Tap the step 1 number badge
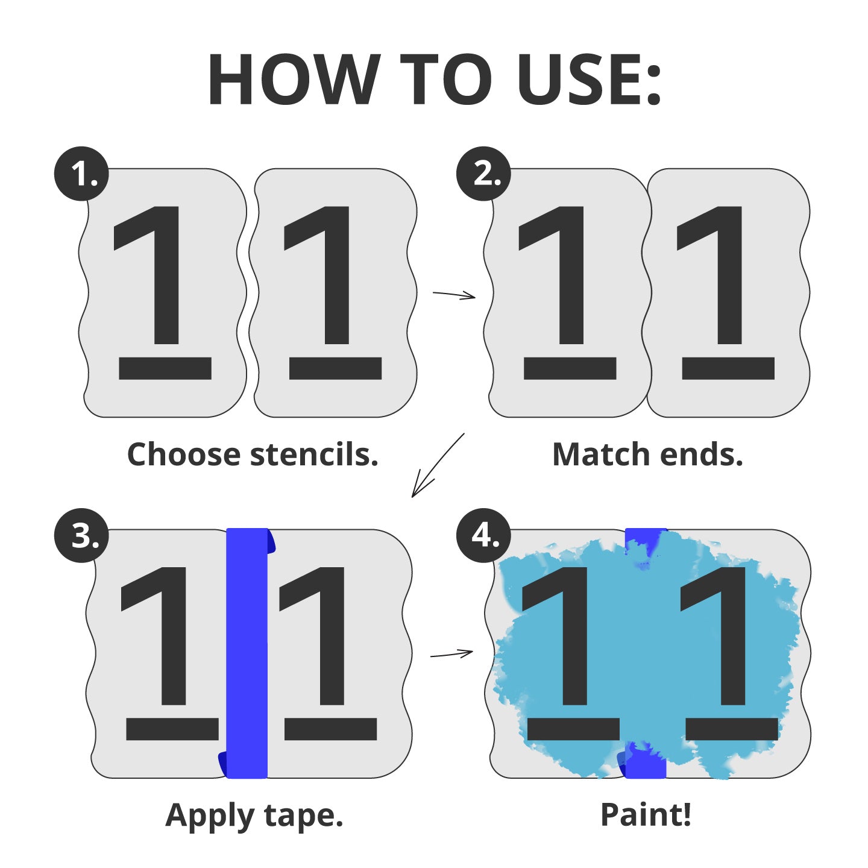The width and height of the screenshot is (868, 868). click(81, 174)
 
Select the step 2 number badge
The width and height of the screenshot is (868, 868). click(484, 174)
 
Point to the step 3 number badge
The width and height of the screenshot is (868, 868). click(81, 536)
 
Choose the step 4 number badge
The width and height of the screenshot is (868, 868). click(484, 536)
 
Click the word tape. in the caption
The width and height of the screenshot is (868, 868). click(304, 816)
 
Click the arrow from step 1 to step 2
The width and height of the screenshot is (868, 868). click(454, 295)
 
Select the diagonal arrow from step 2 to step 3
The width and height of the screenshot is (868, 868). click(438, 465)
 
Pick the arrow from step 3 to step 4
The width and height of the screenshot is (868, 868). click(452, 653)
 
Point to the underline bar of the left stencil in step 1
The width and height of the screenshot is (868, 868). click(165, 368)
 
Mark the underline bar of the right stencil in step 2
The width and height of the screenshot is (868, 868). click(728, 368)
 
